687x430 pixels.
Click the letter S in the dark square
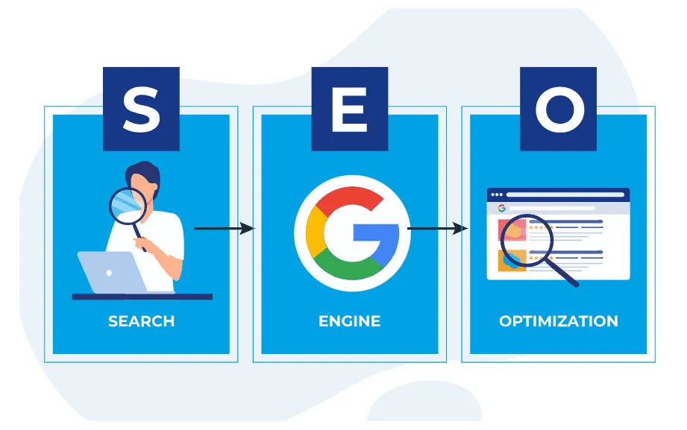[142, 109]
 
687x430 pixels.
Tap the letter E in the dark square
[350, 109]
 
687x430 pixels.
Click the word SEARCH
[142, 321]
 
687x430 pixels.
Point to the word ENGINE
[350, 321]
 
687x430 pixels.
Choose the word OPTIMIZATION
[559, 321]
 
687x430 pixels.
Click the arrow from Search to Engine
[225, 228]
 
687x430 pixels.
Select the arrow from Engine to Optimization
[438, 228]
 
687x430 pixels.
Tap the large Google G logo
[353, 233]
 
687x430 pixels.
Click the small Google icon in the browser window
[502, 208]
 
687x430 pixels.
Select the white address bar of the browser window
[565, 195]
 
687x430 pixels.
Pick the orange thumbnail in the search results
[512, 260]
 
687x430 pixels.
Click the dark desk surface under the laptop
[142, 297]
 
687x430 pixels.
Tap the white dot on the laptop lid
[109, 273]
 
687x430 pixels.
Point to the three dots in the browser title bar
[497, 195]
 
